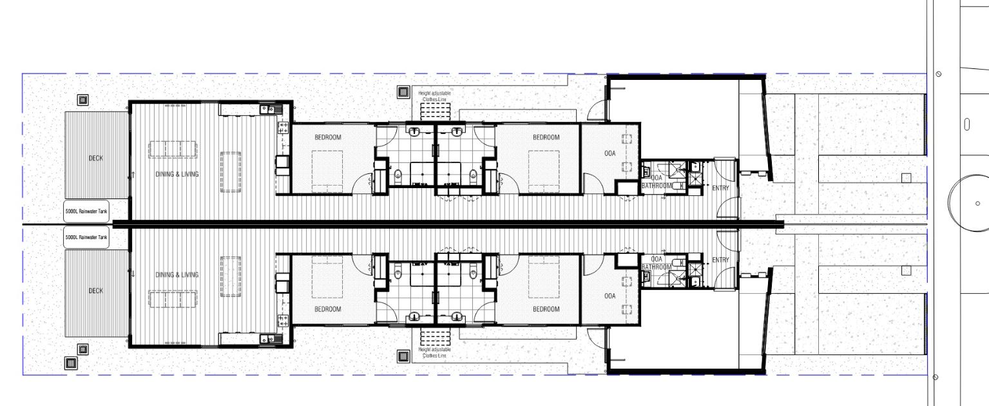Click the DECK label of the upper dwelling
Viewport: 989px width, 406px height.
coord(95,159)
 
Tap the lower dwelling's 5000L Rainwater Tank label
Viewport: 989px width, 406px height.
coord(86,238)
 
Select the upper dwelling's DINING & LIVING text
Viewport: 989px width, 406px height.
coord(177,174)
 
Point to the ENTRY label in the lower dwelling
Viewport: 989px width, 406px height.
coord(720,260)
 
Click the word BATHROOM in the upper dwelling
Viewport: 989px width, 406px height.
coord(657,186)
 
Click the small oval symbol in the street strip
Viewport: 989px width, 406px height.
coord(965,124)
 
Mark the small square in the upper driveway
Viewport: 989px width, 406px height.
coord(906,178)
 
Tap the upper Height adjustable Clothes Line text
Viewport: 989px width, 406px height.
coord(436,97)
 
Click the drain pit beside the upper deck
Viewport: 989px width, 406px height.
coord(82,100)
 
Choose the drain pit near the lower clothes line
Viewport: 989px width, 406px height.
coord(403,356)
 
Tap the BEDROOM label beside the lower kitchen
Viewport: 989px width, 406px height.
coord(327,309)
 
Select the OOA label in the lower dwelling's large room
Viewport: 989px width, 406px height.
coord(610,296)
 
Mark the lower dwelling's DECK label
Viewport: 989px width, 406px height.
coord(95,291)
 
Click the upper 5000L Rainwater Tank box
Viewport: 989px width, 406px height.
coord(86,211)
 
